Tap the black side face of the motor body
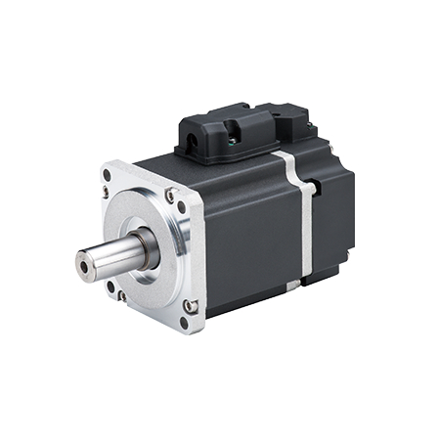point(249,235)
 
